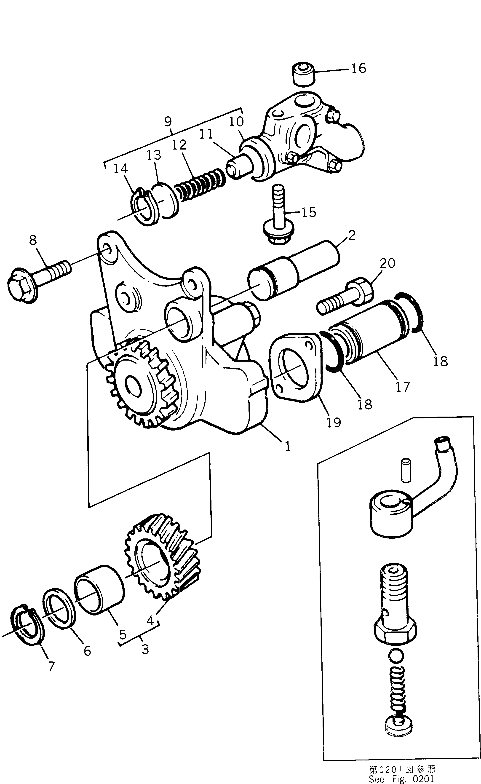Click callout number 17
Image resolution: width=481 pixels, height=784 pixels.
[402, 387]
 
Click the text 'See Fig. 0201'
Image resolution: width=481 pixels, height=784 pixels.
[401, 779]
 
